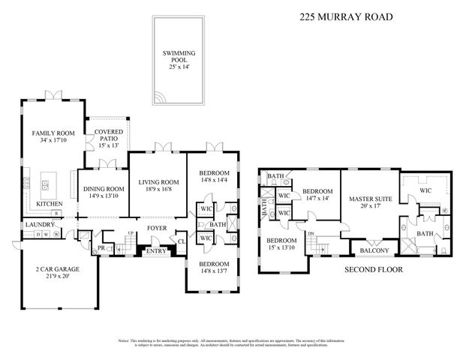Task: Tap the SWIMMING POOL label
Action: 181,55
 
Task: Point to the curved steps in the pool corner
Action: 160,98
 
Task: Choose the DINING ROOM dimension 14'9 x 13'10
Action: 103,196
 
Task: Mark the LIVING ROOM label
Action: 158,182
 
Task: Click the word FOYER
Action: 157,229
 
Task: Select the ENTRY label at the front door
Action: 156,251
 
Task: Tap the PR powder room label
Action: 101,247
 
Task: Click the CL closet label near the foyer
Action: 182,241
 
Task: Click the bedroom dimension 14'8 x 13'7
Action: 214,271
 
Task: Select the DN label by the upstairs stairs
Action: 311,233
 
